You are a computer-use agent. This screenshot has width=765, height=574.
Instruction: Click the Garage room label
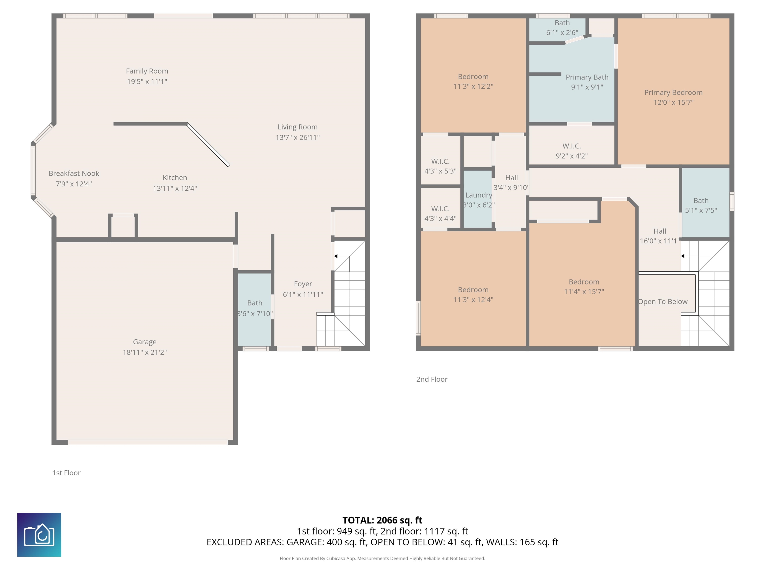(x=145, y=342)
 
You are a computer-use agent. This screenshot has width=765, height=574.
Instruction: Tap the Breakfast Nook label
(x=74, y=173)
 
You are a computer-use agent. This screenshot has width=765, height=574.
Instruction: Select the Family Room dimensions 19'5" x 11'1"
(x=147, y=82)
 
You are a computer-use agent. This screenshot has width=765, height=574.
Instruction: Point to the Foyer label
(x=303, y=284)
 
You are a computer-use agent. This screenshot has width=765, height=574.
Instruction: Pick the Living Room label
(x=297, y=127)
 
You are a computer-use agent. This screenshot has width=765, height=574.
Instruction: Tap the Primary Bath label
(x=587, y=77)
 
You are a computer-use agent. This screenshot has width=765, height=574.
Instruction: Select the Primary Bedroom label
(x=673, y=93)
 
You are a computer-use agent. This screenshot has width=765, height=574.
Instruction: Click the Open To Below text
(x=663, y=302)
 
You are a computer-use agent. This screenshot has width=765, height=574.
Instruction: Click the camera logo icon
(x=39, y=535)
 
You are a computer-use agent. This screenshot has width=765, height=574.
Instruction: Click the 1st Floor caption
(x=66, y=473)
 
